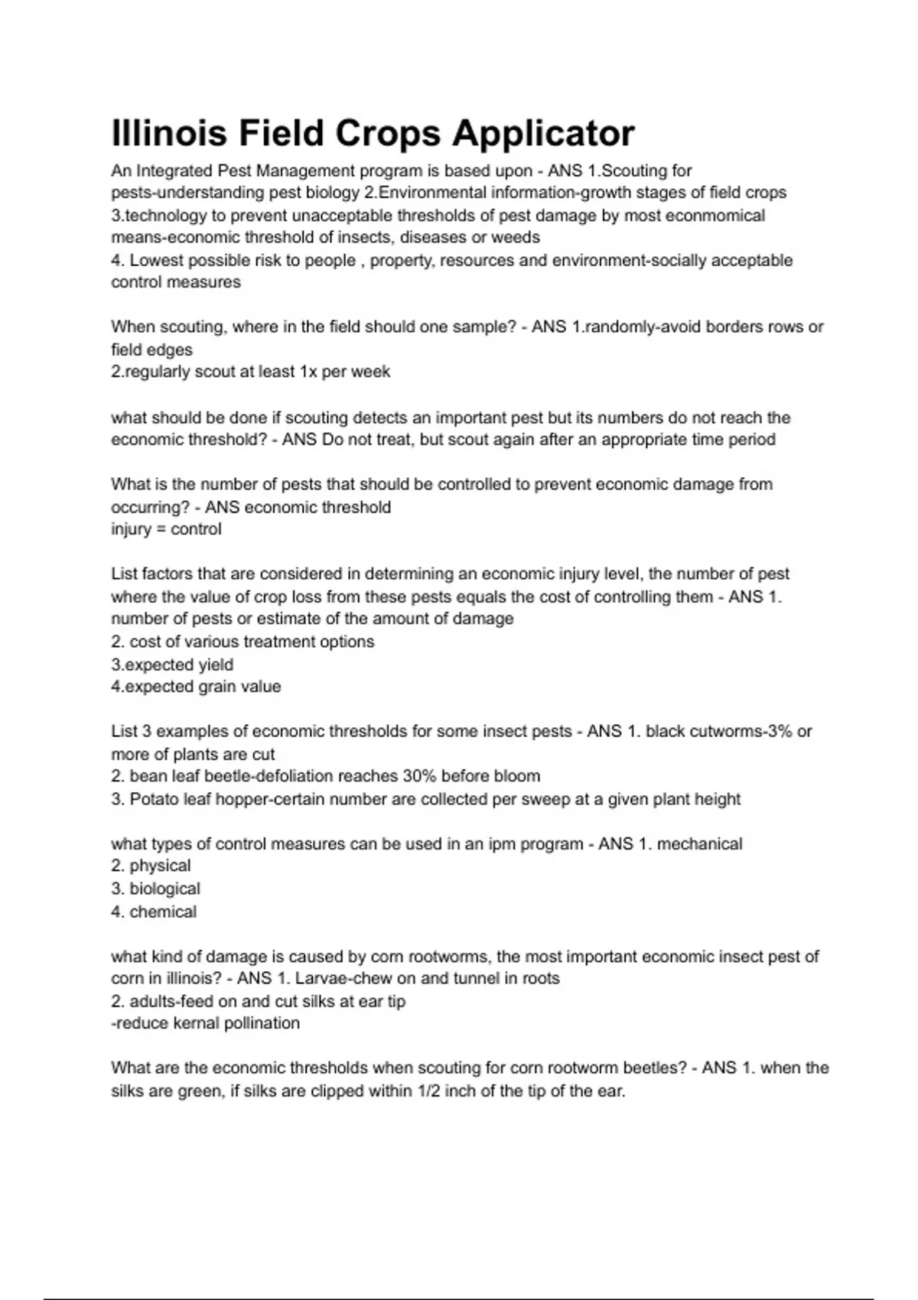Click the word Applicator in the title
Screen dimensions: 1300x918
point(542,134)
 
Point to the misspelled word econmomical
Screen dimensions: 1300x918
point(715,216)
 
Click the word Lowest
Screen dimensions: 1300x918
point(156,261)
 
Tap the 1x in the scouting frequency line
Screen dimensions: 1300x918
point(304,372)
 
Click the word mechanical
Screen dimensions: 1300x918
point(699,844)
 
